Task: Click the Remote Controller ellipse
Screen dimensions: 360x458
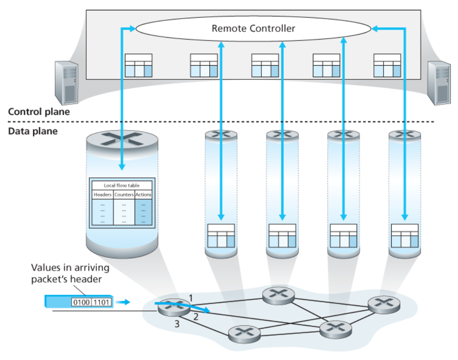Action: pos(253,29)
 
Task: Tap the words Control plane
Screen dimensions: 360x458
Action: pos(39,111)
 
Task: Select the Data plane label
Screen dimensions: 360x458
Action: pos(33,131)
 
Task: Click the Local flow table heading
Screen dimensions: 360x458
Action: pos(122,185)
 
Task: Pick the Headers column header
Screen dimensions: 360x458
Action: pos(103,195)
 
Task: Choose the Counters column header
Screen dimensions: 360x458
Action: pos(124,195)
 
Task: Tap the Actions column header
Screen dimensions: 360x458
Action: pos(144,195)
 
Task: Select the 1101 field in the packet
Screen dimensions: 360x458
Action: pos(101,301)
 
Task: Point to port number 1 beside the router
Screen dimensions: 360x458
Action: pos(190,298)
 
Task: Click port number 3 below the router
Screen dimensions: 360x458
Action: pos(178,324)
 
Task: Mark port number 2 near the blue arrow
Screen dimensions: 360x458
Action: pos(195,317)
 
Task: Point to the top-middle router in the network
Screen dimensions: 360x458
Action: pos(278,294)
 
